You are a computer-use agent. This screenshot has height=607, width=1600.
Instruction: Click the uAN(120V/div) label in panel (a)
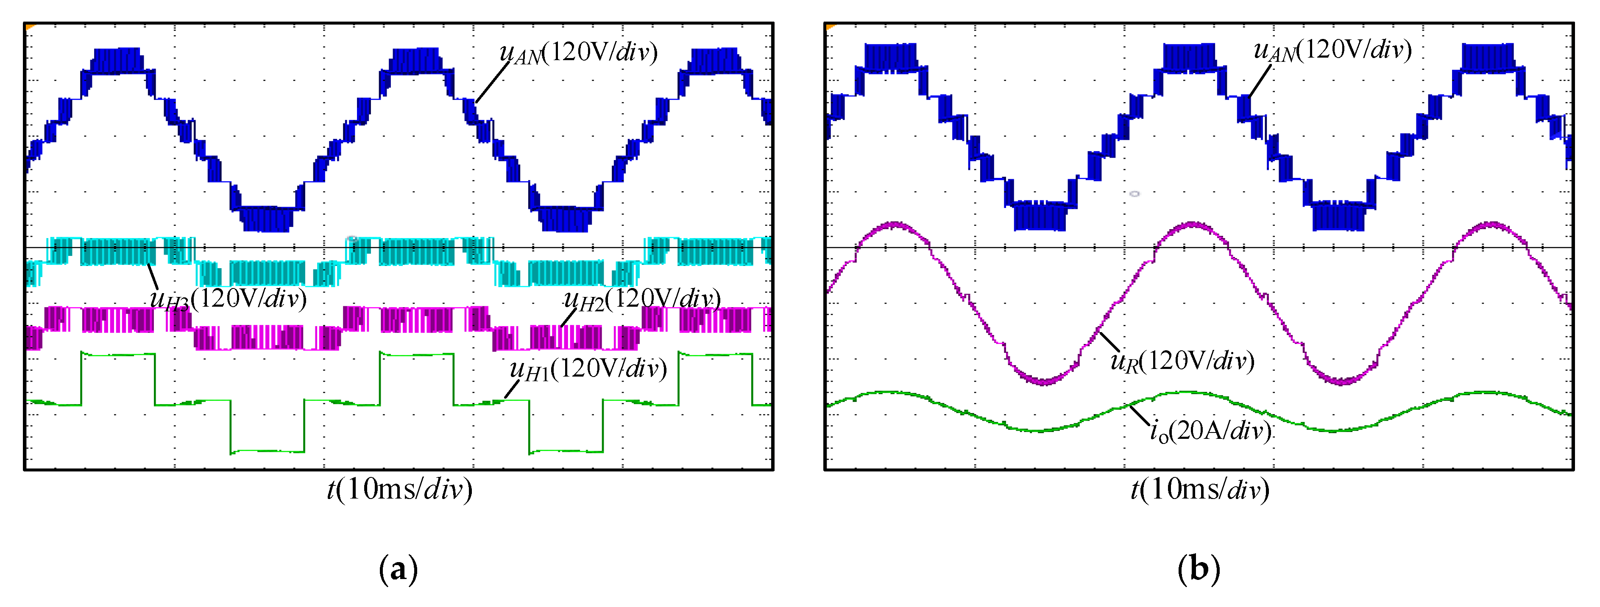click(578, 53)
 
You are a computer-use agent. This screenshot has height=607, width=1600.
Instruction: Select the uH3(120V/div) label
click(228, 299)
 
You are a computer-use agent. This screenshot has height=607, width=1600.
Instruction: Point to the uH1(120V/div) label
click(588, 369)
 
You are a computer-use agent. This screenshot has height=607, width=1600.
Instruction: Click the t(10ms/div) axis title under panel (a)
click(399, 490)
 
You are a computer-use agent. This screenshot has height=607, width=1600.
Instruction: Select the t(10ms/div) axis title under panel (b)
click(1199, 490)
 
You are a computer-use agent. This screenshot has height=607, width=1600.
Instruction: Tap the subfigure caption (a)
click(398, 568)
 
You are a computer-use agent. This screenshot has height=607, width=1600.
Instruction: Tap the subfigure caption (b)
click(1199, 568)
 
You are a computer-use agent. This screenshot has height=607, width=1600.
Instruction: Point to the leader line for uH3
click(153, 276)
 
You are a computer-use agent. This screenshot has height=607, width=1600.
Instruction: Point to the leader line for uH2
click(569, 317)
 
